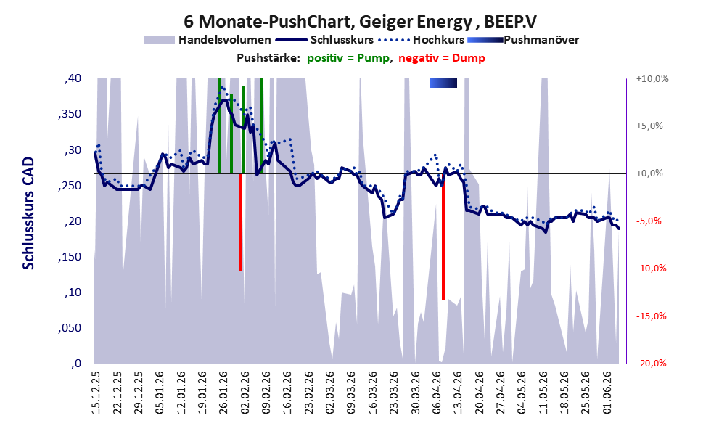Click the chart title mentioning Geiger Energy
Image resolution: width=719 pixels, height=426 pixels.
coord(360,21)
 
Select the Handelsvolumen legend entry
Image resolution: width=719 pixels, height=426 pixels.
coord(208,40)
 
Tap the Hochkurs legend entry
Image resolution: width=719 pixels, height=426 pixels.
coord(422,40)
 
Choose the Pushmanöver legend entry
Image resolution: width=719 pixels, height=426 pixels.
coord(523,40)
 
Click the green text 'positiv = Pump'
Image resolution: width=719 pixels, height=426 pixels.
coord(348,58)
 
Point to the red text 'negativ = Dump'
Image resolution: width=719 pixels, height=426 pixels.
coord(442,58)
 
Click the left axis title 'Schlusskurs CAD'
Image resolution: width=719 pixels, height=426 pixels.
coord(28,213)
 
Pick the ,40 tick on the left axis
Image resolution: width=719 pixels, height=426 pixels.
coord(73,78)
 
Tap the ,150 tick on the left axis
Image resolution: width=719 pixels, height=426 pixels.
coord(70,257)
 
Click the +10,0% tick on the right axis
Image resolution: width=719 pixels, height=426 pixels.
coord(652,79)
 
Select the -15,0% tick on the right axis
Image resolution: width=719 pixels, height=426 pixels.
coord(652,316)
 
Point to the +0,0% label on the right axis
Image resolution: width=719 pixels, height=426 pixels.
coord(649,173)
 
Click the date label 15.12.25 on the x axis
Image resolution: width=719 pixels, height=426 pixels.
coord(96,393)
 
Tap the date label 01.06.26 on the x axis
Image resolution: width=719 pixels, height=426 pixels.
coord(608,393)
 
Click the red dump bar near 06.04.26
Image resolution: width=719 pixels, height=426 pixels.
coord(443,237)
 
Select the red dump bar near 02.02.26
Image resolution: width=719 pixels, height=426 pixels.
coord(240,222)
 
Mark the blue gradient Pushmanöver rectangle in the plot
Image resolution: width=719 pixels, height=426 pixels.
coord(443,83)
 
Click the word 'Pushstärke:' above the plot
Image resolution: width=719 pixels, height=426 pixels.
coord(268,58)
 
